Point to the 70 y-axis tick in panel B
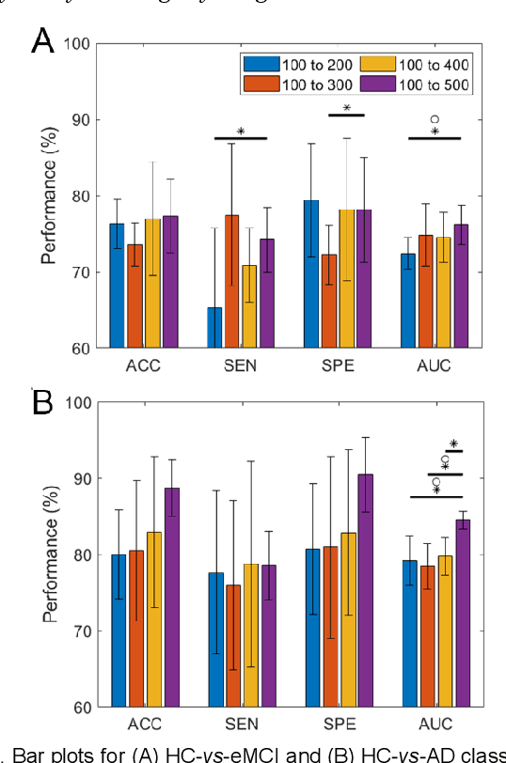coord(82,631)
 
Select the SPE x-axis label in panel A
coord(337,366)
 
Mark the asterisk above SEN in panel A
coord(240,132)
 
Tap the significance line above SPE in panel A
coord(346,116)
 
